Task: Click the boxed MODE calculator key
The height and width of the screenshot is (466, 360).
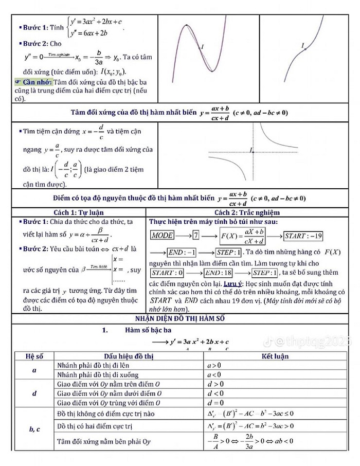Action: (161, 236)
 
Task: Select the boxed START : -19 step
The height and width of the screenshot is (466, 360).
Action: (303, 236)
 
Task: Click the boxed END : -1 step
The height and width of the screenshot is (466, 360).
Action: (183, 253)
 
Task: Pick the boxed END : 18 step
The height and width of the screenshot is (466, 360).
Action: (218, 272)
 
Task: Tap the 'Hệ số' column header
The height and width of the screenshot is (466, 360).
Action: (33, 355)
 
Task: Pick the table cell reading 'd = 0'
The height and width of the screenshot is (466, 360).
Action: (214, 403)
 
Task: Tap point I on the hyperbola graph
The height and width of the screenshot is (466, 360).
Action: (252, 151)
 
